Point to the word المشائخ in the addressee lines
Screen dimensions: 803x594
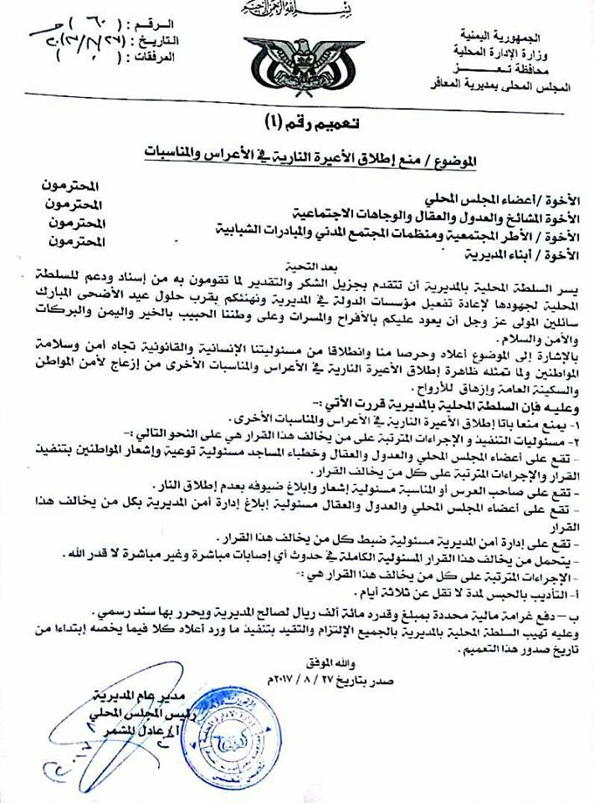click(493, 212)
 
